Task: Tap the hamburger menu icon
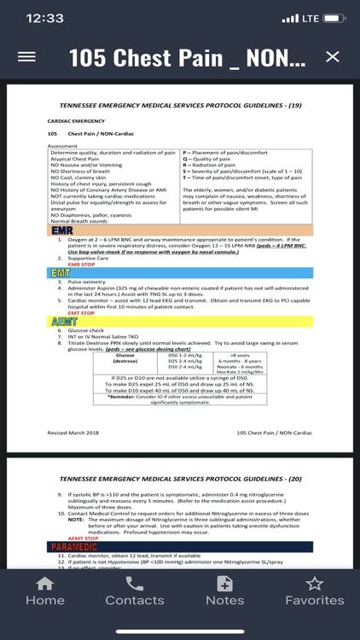tap(26, 57)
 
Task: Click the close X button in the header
tap(333, 57)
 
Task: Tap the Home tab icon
tap(45, 585)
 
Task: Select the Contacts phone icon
tap(135, 585)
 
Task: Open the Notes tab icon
tap(225, 585)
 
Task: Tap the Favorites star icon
tap(315, 585)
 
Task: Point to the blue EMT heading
tap(61, 272)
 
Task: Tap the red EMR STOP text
tap(69, 264)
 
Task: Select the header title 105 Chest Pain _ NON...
tap(186, 57)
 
